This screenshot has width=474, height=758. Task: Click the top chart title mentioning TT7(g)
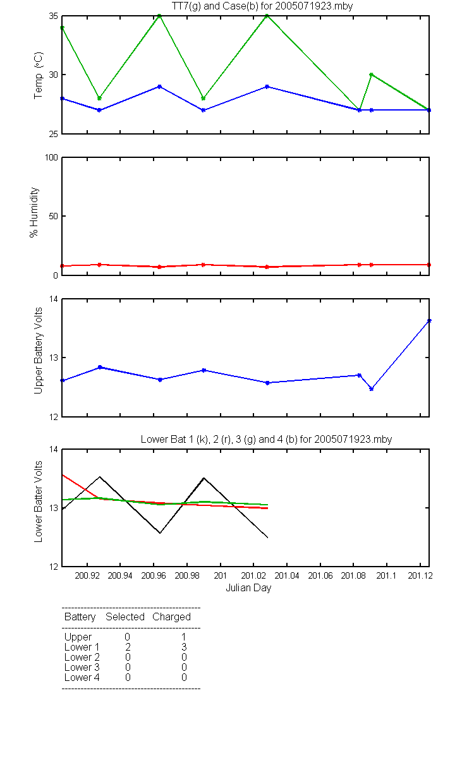coord(262,6)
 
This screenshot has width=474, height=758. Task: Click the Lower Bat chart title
coord(266,439)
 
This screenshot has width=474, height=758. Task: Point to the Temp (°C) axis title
coord(39,75)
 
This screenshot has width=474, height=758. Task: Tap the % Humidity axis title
coord(34,212)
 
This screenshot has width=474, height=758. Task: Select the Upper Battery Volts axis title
coord(38,351)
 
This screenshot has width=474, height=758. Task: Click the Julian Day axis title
coord(248,588)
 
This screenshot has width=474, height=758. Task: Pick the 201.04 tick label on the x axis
coord(287,575)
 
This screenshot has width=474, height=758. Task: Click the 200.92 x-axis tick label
coord(87,575)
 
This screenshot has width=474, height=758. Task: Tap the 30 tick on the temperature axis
coord(54,75)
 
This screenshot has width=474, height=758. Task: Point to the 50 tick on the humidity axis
coord(54,216)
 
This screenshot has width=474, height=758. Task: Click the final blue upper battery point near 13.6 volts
coord(429,320)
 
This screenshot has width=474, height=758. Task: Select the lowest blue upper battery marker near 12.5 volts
coord(372,389)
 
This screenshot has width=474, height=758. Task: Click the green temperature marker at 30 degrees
coord(372,75)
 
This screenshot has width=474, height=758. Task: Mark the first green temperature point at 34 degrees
coord(63,28)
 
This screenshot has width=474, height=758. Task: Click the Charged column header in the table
coord(171,617)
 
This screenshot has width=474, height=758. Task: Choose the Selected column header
coord(125,617)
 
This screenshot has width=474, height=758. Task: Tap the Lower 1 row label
coord(82,647)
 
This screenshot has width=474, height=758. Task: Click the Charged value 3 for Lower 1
coord(184,647)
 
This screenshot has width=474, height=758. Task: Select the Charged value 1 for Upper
coord(184,637)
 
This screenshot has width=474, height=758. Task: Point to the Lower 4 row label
coord(82,677)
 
